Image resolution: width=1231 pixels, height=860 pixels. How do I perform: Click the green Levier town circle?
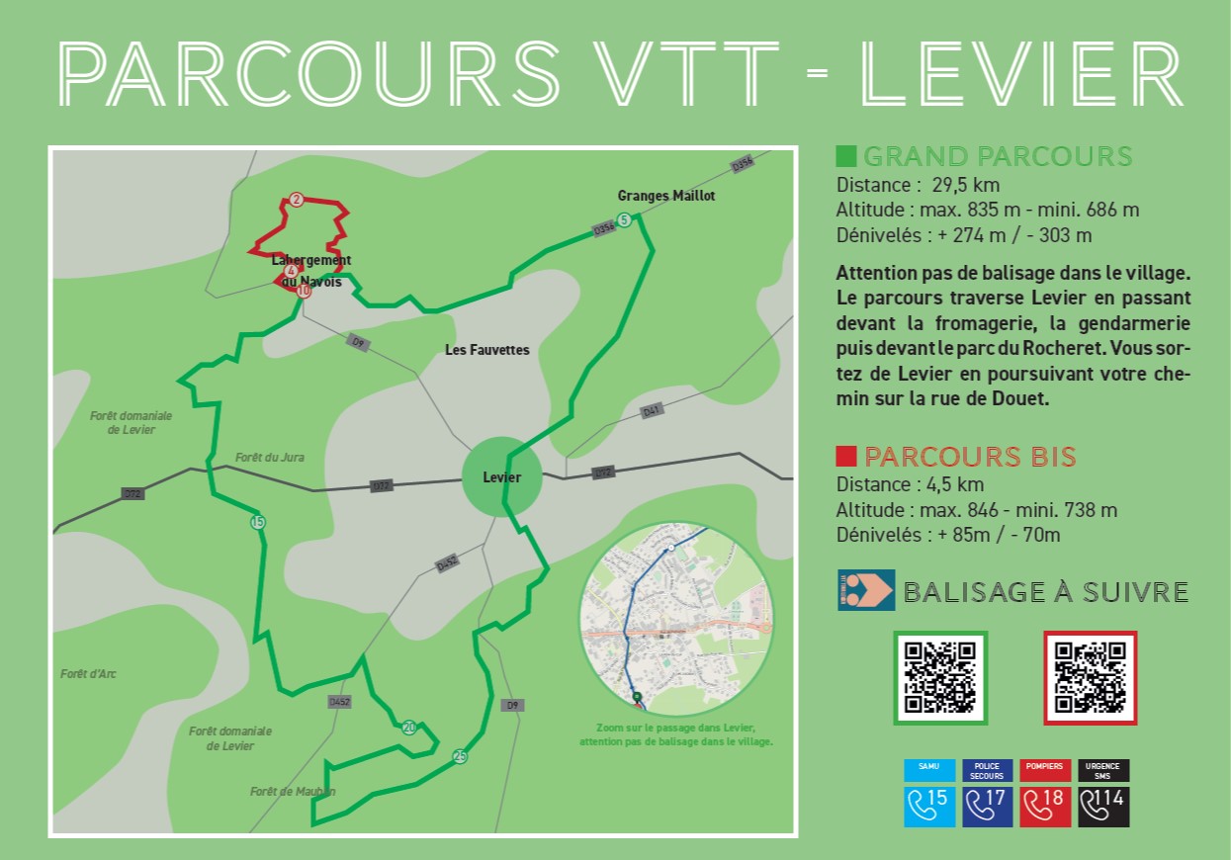(502, 477)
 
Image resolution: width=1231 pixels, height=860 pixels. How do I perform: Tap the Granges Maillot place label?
(665, 196)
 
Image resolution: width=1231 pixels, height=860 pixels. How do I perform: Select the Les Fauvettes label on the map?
(487, 350)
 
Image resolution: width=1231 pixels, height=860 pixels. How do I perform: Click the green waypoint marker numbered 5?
(623, 219)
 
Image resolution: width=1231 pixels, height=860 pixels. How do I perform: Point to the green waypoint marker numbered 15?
(258, 522)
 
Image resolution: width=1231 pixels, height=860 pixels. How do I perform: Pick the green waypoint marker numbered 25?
(460, 757)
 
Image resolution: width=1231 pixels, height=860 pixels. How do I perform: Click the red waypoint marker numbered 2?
(296, 200)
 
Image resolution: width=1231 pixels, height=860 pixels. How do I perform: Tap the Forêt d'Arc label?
(88, 674)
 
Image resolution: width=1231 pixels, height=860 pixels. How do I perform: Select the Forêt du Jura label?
(270, 458)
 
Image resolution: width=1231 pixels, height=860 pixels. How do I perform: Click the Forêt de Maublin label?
(293, 792)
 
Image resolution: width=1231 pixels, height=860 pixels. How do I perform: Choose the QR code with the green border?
(940, 677)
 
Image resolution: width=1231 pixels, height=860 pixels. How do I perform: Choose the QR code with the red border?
(1090, 677)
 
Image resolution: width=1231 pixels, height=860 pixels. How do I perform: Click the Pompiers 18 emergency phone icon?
(1046, 806)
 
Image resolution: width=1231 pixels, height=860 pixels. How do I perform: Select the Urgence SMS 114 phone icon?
(1103, 806)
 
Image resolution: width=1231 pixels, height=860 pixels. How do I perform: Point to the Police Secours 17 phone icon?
(988, 806)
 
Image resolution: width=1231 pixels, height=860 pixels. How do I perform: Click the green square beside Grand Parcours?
(845, 156)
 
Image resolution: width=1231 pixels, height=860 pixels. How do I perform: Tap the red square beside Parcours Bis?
(845, 456)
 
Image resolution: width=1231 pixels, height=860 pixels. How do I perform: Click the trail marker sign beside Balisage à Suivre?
(866, 590)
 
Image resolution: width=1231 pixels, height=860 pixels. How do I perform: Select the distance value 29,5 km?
(966, 185)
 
